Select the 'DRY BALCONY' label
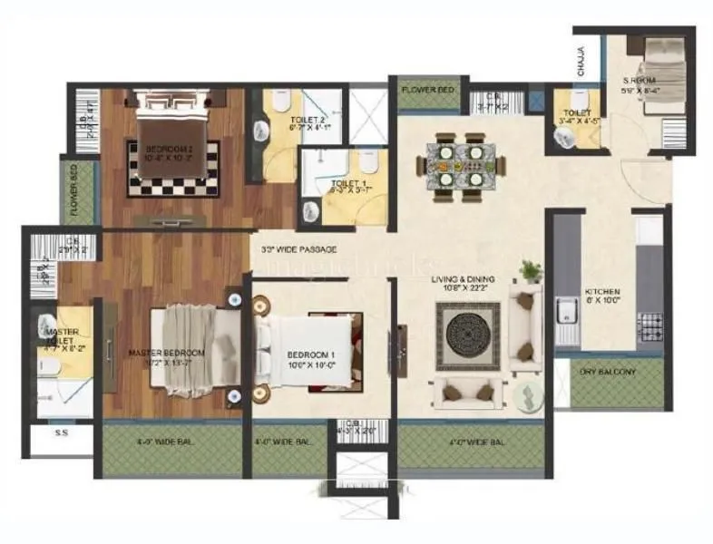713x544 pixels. pyautogui.click(x=608, y=372)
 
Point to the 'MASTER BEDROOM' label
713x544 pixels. pyautogui.click(x=166, y=352)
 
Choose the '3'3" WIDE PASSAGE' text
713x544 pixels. pyautogui.click(x=298, y=249)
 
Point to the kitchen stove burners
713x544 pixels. pyautogui.click(x=650, y=325)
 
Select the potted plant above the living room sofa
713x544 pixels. pyautogui.click(x=531, y=270)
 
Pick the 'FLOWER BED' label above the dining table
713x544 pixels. pyautogui.click(x=428, y=89)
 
